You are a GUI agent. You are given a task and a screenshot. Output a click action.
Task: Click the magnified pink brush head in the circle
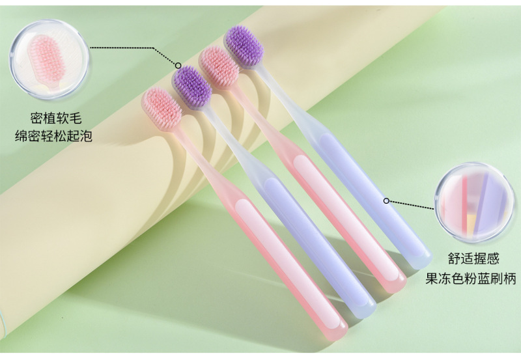tap(46, 55)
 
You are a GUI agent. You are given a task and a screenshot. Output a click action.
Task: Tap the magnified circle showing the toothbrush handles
tap(474, 200)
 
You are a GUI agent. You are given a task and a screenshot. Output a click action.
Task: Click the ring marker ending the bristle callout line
tap(177, 65)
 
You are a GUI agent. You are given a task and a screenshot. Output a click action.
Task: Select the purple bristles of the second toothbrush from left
tap(191, 85)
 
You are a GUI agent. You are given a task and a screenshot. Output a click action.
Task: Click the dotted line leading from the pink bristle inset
tap(130, 48)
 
